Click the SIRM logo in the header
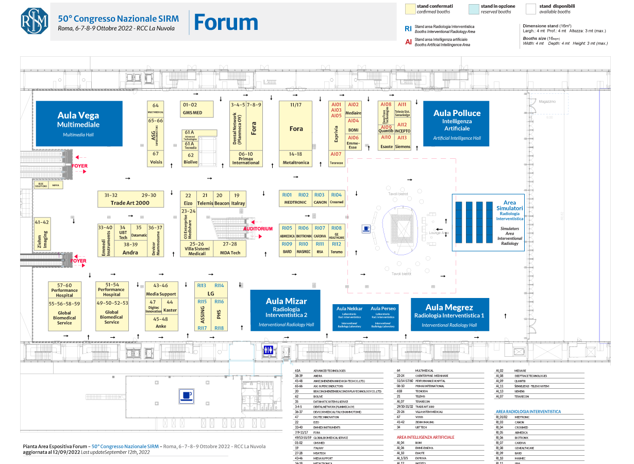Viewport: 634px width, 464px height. click(x=34, y=20)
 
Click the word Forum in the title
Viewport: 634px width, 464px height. click(x=226, y=22)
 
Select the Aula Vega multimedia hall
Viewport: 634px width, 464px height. click(x=78, y=123)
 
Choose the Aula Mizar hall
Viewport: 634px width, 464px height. click(x=286, y=310)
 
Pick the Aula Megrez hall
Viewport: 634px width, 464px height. click(x=449, y=314)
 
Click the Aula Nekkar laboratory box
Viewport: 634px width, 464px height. click(x=349, y=317)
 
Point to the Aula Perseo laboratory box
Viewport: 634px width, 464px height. click(x=383, y=317)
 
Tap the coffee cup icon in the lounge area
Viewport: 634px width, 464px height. click(x=366, y=228)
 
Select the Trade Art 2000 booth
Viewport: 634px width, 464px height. click(x=130, y=200)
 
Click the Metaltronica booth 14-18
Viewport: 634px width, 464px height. click(x=295, y=159)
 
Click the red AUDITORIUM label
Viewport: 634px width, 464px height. click(x=258, y=228)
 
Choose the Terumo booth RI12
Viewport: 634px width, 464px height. click(x=336, y=247)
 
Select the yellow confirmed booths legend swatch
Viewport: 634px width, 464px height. click(x=410, y=9)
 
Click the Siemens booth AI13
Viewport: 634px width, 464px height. click(x=403, y=142)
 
